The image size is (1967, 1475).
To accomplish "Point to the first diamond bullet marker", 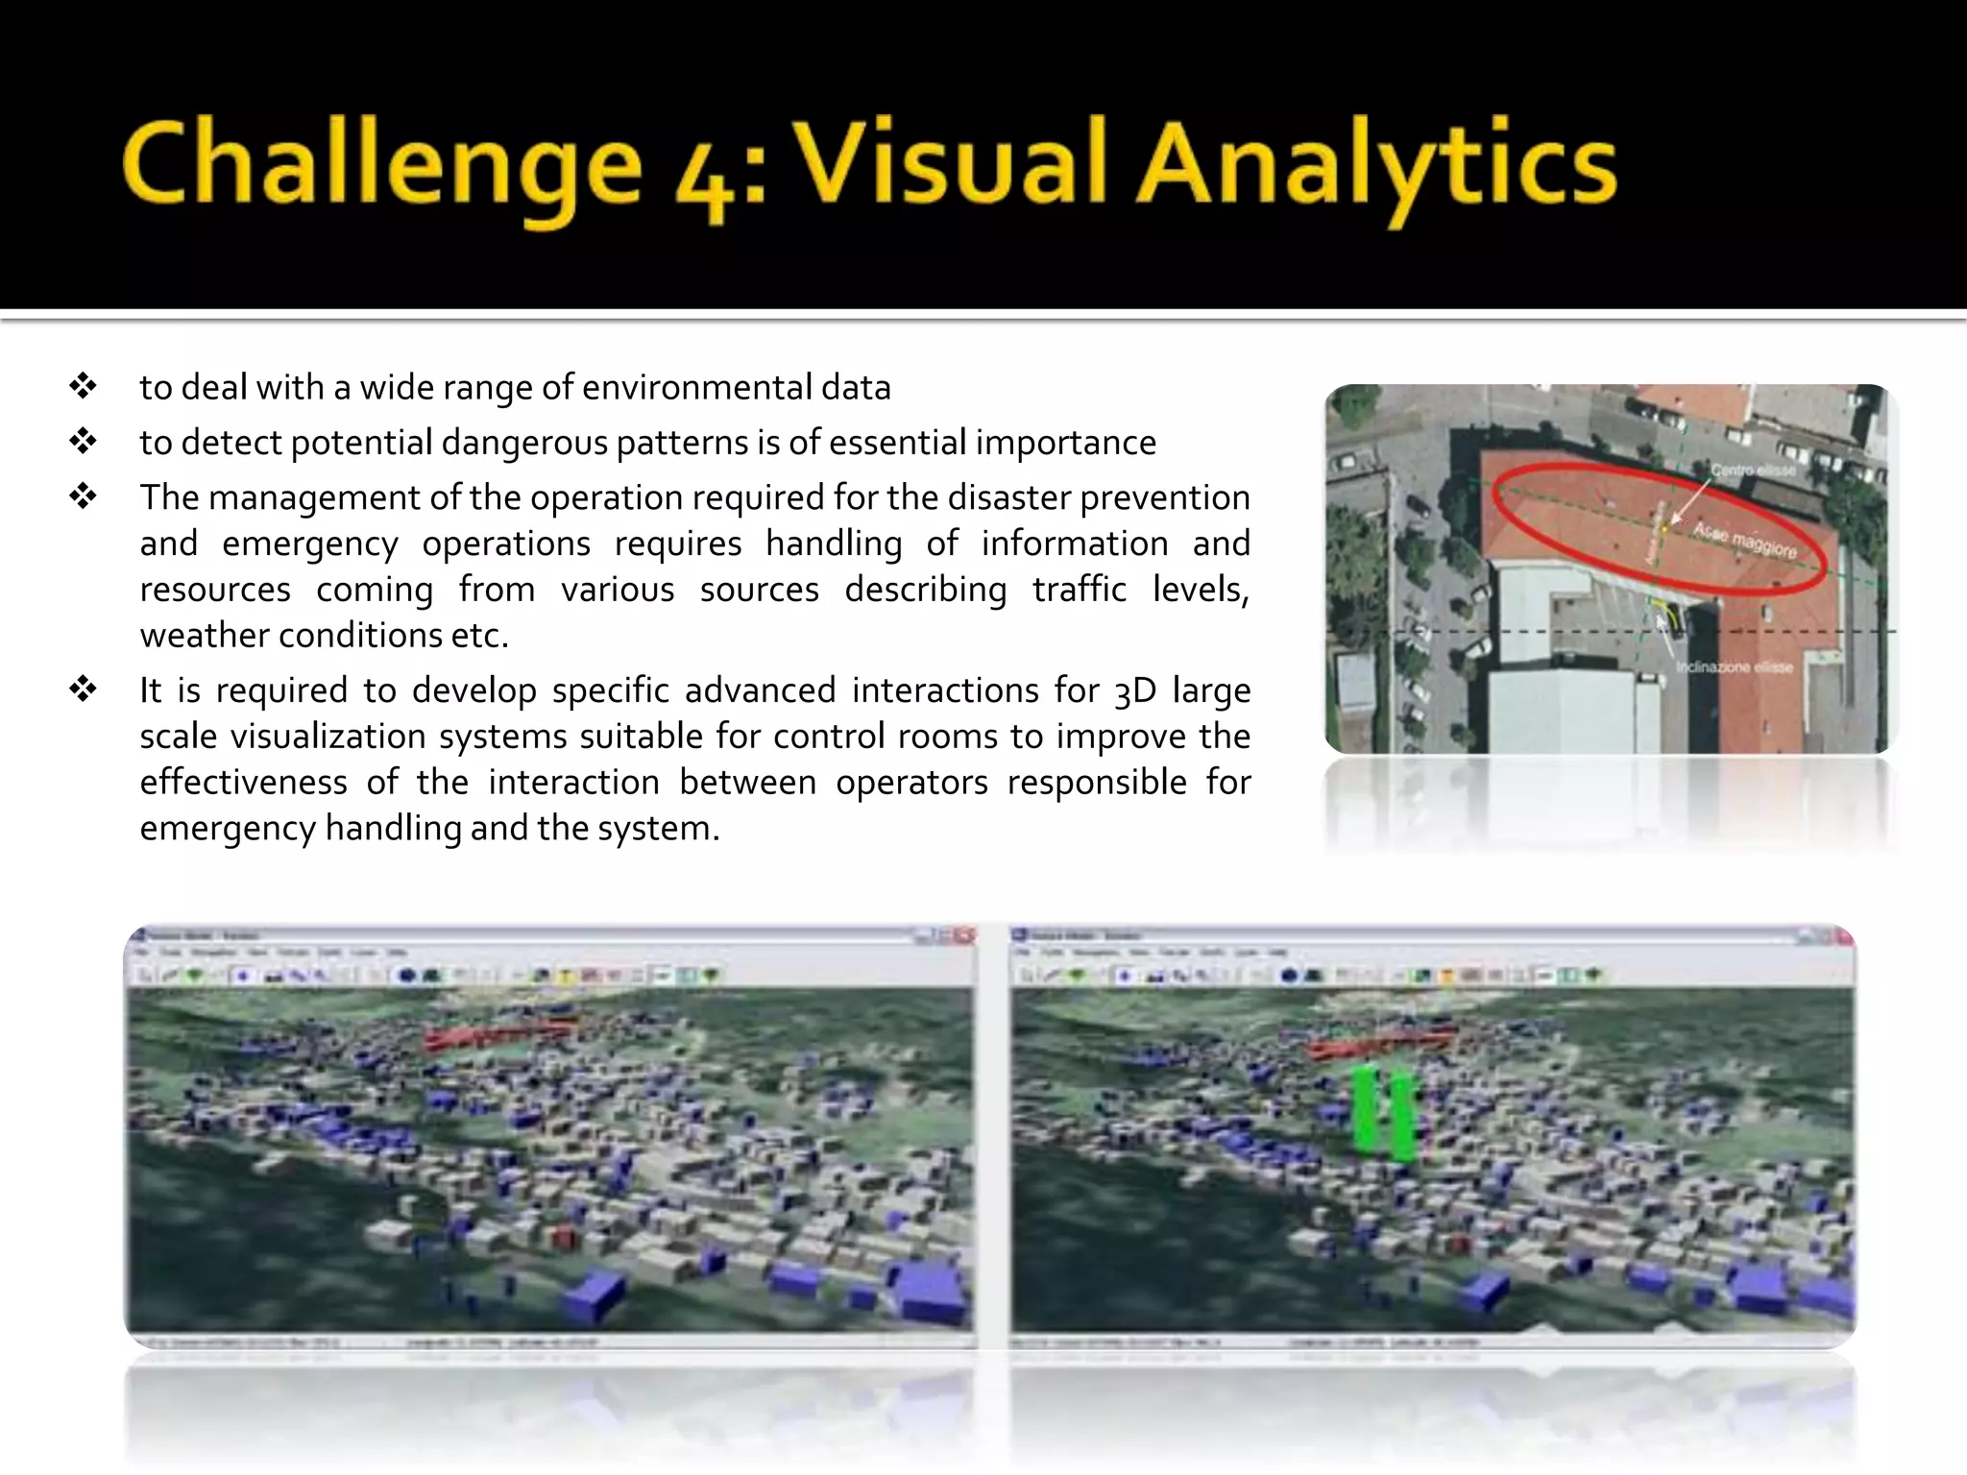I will coord(84,386).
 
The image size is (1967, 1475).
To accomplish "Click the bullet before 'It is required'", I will coord(84,689).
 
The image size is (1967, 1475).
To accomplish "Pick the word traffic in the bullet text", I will coord(1079,589).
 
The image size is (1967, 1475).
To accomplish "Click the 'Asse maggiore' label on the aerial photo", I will coord(1744,541).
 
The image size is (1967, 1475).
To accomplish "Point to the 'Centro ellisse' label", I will coord(1753,471).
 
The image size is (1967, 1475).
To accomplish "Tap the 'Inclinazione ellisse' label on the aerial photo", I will coord(1734,667).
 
